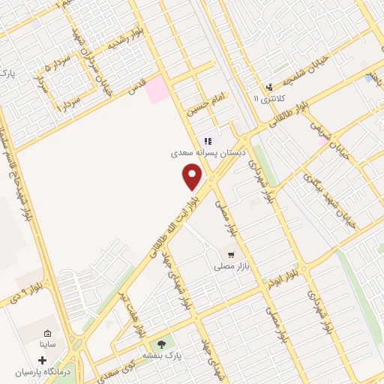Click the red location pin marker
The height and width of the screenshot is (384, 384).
[193, 178]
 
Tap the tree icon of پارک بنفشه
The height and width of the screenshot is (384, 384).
[161, 345]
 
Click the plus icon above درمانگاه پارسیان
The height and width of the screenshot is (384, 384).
[42, 361]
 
